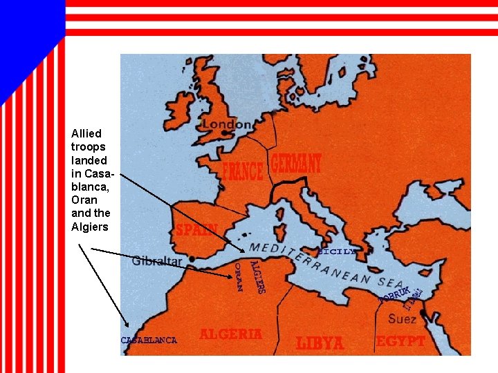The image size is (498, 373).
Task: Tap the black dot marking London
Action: point(203,125)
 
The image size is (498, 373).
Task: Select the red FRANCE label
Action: point(242,171)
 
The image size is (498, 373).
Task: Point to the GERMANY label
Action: point(295,164)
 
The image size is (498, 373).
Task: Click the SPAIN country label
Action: point(196,230)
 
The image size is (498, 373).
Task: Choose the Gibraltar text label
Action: point(157,261)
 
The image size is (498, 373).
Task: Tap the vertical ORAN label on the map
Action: point(237,277)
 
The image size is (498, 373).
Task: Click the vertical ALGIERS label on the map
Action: point(257,276)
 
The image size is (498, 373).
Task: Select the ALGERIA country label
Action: point(230,334)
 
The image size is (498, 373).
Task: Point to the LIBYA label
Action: point(320,343)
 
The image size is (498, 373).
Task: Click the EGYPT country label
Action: point(400,341)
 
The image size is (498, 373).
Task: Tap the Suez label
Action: point(402,319)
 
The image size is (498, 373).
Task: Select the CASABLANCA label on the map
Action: point(149,340)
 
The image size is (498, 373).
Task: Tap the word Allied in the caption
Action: point(86,133)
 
